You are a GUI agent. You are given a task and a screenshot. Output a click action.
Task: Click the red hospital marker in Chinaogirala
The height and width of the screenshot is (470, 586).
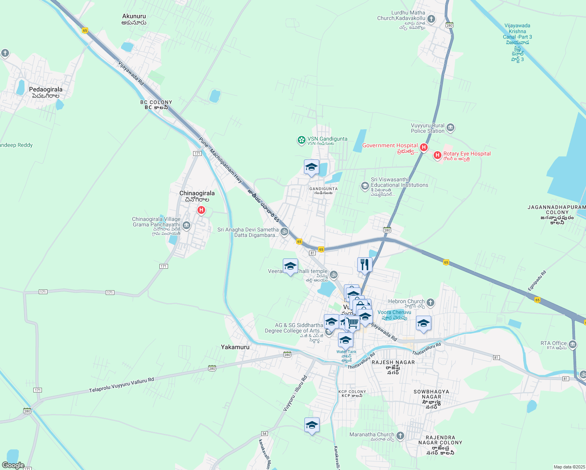201,210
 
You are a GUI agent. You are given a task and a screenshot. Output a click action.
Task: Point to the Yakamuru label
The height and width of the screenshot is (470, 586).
235,347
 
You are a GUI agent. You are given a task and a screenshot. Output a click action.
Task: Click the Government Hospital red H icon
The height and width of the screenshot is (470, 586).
423,148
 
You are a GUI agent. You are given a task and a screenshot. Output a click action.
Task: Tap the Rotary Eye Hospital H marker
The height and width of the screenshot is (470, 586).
438,155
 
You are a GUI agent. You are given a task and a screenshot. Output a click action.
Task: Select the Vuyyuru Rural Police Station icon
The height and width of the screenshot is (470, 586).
450,128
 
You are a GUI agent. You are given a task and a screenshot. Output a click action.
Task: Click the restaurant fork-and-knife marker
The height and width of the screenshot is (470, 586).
365,264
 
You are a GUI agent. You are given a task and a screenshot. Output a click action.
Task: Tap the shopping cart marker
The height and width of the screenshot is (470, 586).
353,323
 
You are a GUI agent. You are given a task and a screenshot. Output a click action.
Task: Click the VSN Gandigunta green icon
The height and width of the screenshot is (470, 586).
301,140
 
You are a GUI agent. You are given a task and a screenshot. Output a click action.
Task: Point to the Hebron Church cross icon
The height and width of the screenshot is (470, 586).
430,302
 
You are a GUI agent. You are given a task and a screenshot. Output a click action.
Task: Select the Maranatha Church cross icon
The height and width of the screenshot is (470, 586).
400,436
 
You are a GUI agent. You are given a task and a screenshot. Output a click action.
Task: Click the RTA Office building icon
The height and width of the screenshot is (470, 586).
573,345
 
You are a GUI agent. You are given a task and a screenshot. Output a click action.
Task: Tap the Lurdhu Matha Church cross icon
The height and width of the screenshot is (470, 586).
431,19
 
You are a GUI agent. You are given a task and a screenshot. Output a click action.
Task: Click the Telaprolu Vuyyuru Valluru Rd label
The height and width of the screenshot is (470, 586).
121,385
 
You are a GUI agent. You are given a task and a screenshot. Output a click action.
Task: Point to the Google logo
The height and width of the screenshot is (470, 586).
13,465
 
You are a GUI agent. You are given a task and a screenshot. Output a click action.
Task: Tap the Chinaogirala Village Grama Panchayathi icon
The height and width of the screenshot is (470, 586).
186,225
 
